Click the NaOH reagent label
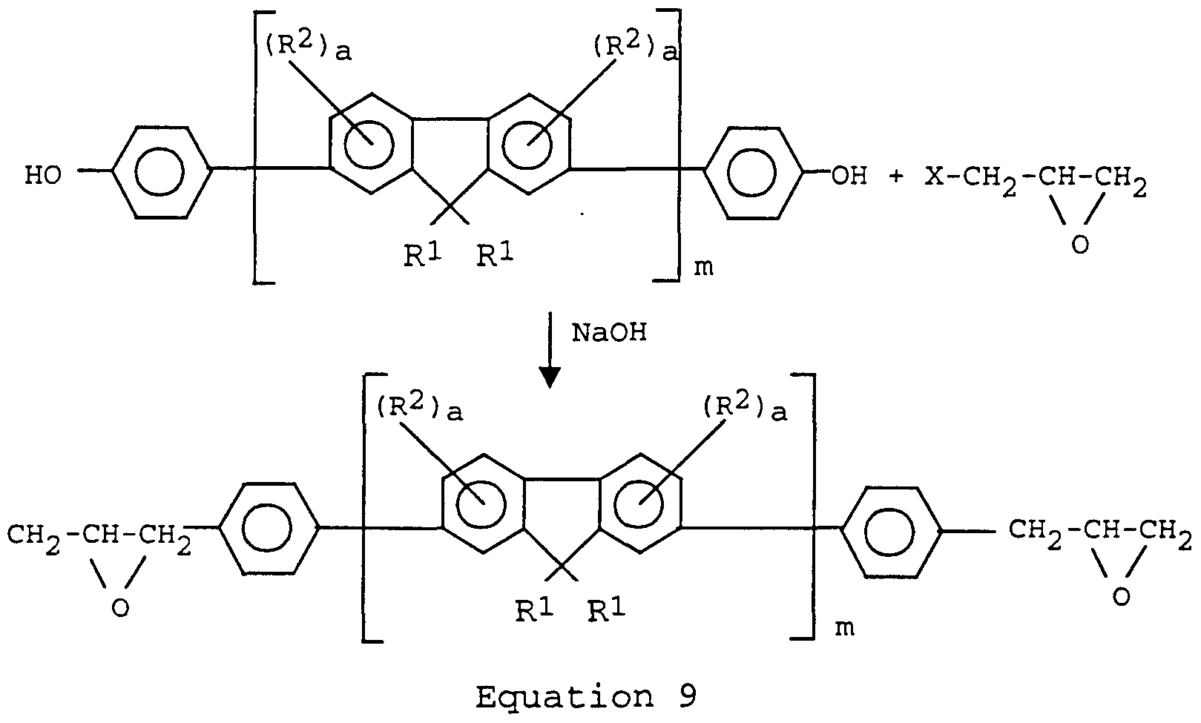coord(609,334)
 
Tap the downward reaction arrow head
coord(549,377)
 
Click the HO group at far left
coord(44,176)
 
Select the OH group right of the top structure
coord(849,176)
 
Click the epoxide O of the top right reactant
coord(1080,244)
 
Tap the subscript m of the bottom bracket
coord(844,628)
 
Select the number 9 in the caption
coord(686,698)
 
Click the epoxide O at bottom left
coord(119,607)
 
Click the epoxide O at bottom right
coord(1122,597)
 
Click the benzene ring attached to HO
coord(159,173)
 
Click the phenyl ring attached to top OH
coord(753,173)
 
